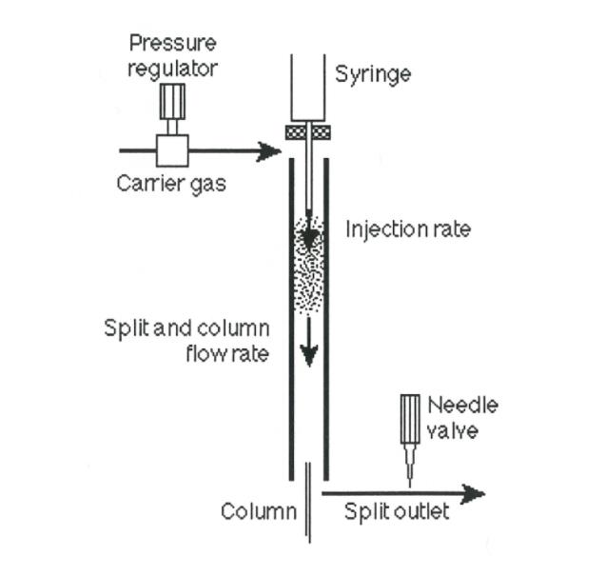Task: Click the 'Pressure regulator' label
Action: (172, 56)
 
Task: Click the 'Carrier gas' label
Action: (171, 183)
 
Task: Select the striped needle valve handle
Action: (410, 419)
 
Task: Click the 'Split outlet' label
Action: (396, 512)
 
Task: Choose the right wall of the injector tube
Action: (326, 314)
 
